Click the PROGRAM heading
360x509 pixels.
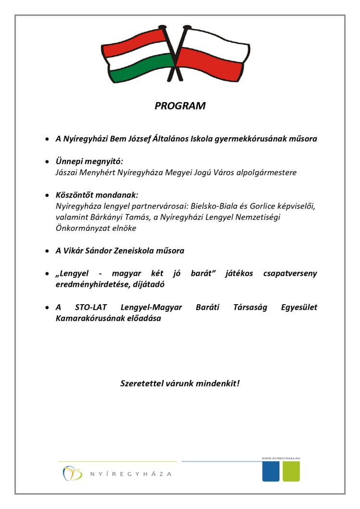coord(180,106)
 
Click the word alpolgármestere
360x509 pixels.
coord(267,172)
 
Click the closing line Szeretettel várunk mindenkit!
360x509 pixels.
coord(180,384)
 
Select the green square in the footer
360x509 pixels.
coord(291,473)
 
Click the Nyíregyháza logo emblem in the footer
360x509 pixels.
coord(70,473)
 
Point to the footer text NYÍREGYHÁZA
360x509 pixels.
coord(131,474)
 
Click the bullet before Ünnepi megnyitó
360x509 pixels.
coord(48,162)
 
